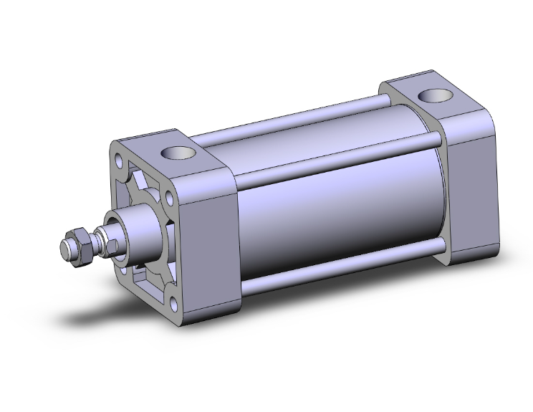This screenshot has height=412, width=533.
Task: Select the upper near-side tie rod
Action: (x=337, y=159)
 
